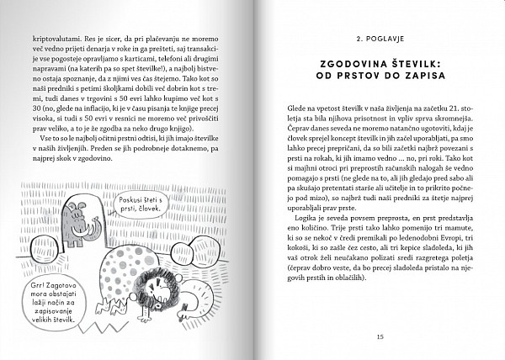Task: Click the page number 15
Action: (x=380, y=336)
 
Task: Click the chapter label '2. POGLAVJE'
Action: (x=380, y=39)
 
